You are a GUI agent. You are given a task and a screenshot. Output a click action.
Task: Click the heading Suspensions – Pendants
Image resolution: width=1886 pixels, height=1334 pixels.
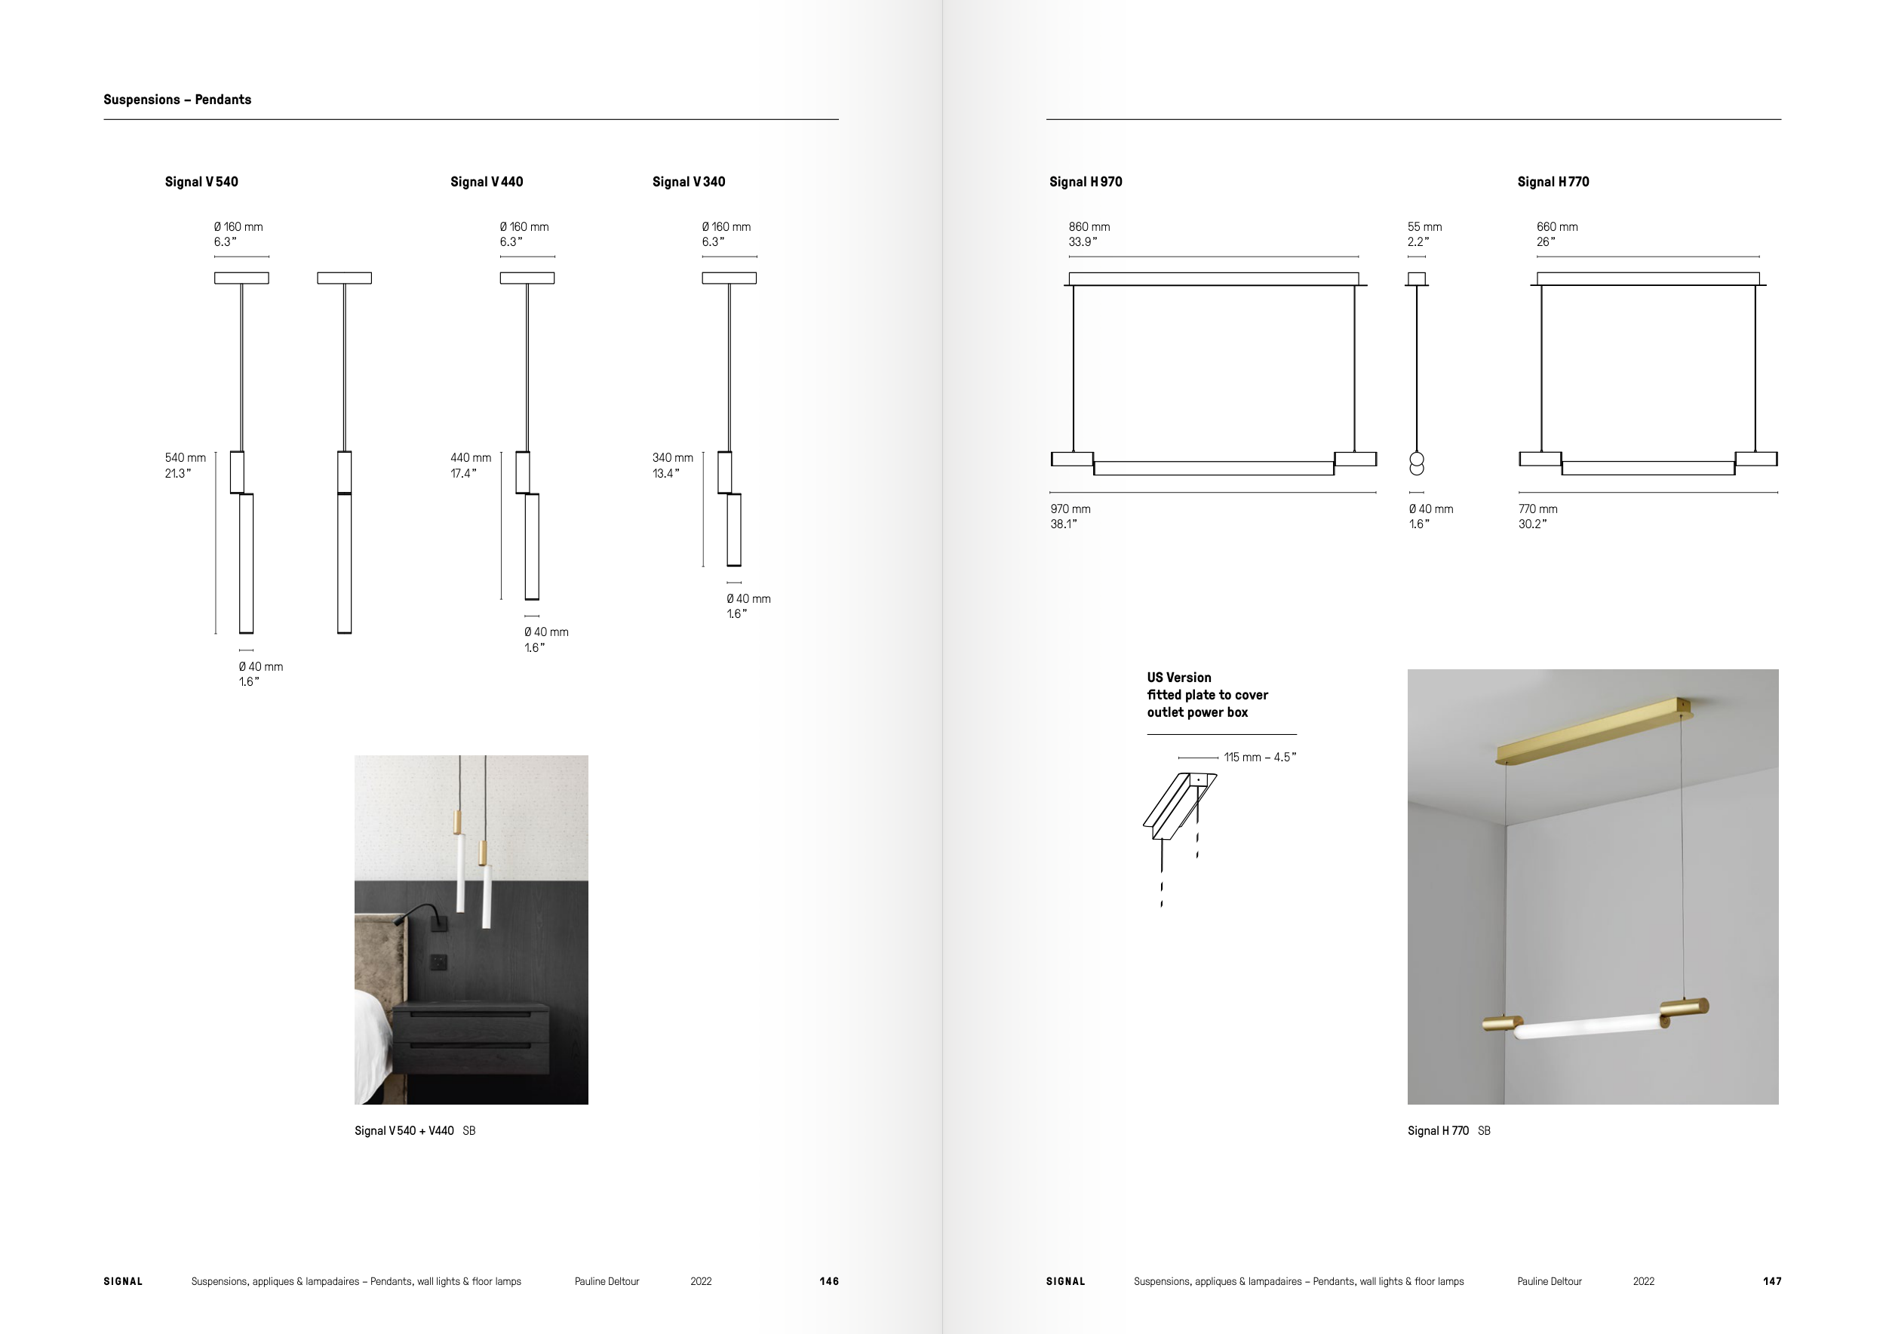tap(177, 100)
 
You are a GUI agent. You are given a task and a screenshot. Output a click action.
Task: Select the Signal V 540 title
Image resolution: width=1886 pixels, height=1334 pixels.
tap(201, 182)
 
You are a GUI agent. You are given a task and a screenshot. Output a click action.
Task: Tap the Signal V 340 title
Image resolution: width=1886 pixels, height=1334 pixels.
tap(688, 182)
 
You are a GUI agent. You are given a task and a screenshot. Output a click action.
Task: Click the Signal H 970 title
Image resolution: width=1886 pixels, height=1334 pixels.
tap(1085, 182)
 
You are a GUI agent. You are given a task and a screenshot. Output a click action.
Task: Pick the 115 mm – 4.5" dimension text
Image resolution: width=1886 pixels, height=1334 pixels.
tap(1259, 758)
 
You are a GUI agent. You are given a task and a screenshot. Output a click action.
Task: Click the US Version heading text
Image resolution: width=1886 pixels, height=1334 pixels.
tap(1178, 678)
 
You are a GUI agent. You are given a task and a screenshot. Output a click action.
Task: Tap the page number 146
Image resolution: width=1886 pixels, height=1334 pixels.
tap(829, 1281)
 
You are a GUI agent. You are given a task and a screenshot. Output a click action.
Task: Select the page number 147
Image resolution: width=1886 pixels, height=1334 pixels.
tap(1772, 1281)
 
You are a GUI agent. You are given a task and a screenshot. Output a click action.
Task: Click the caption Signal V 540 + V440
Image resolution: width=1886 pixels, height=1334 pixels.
tap(404, 1131)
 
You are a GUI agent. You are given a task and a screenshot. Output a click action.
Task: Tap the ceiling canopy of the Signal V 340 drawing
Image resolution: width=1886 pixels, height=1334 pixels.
tap(729, 278)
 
